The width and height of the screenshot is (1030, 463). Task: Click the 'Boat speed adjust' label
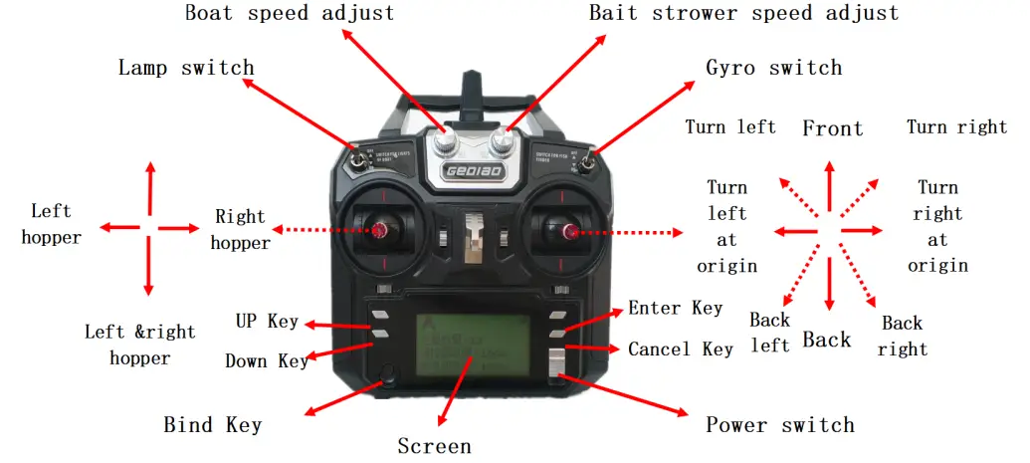click(289, 14)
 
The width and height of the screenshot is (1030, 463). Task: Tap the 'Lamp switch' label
click(186, 69)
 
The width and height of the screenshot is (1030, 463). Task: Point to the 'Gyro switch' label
click(773, 69)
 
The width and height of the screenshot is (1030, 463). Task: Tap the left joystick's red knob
click(380, 231)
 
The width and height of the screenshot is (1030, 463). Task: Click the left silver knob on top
click(447, 143)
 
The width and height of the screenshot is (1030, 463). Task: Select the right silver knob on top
click(505, 143)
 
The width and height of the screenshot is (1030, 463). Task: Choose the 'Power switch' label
click(780, 425)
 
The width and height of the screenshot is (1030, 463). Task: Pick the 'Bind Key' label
click(212, 425)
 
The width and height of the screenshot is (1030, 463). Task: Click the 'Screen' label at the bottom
click(434, 446)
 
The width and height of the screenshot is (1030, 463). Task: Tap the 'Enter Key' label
click(675, 309)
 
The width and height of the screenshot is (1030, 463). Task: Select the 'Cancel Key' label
click(680, 349)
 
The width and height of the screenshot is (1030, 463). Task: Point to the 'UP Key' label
click(267, 321)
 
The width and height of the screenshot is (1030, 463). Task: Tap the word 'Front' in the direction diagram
click(832, 128)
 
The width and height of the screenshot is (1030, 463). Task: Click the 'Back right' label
click(903, 337)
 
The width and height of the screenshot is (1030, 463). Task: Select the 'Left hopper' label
click(51, 224)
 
